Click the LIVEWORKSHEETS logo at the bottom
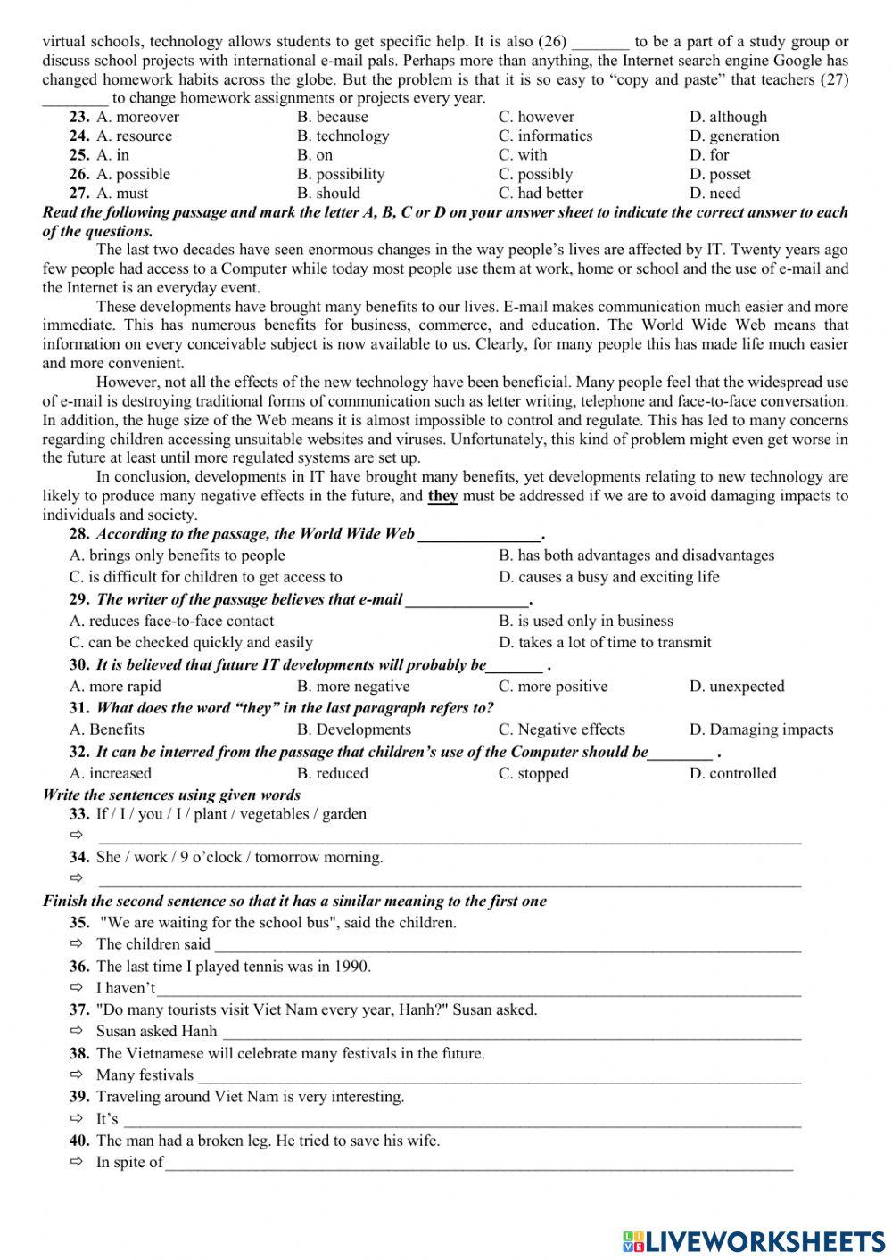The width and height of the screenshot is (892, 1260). (x=754, y=1240)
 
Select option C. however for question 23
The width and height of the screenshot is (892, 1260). (x=536, y=117)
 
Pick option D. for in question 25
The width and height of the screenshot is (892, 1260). (x=709, y=155)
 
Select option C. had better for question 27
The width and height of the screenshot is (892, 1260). (x=541, y=193)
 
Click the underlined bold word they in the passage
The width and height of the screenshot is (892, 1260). (x=442, y=496)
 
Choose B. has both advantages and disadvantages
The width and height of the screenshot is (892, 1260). (x=636, y=556)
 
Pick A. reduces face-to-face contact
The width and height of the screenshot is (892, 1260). (x=171, y=621)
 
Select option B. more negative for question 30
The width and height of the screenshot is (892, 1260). (x=353, y=687)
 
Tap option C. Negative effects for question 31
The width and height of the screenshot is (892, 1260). (x=561, y=729)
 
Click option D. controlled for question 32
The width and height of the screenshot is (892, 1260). (x=732, y=773)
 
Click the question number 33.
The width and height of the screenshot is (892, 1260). (x=79, y=814)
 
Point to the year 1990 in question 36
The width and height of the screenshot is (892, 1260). (x=352, y=966)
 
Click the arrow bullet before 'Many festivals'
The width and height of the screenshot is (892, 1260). (x=77, y=1075)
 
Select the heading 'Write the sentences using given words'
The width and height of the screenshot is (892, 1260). (x=171, y=795)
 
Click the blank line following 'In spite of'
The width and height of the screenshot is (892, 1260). (x=478, y=1164)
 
